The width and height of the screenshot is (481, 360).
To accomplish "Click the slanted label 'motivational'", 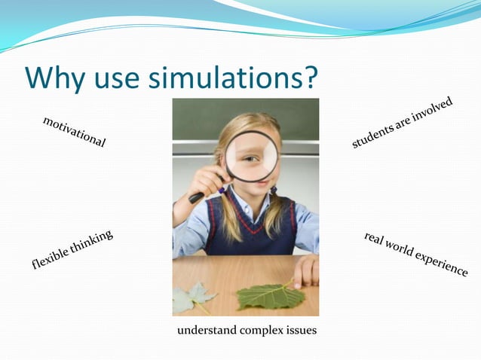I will click(x=74, y=132).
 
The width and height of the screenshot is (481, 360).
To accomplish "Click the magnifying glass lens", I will click(x=252, y=157).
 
